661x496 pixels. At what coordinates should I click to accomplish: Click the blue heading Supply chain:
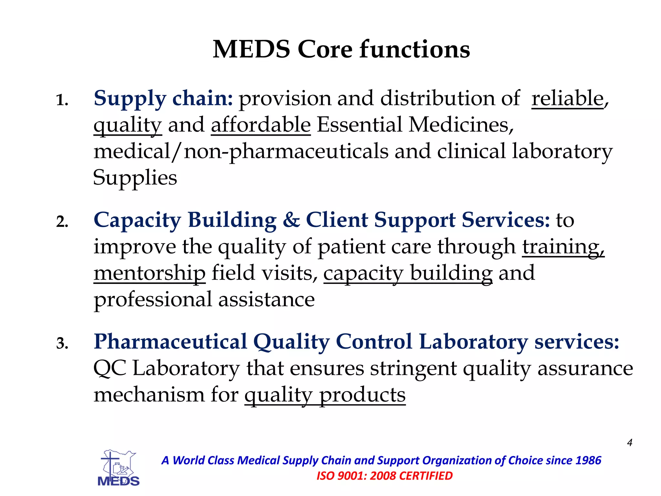(163, 98)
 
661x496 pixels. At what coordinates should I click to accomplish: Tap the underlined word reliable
(567, 98)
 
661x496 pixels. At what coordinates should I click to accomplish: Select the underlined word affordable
(261, 125)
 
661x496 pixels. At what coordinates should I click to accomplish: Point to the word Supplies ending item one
(135, 178)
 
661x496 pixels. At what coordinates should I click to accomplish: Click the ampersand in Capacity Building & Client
(291, 220)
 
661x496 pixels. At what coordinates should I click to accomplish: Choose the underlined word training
(563, 247)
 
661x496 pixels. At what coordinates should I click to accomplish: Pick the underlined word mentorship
(149, 273)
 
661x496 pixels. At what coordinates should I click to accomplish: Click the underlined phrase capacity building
(408, 273)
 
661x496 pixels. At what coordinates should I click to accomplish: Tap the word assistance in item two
(266, 300)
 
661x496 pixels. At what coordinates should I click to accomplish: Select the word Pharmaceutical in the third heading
(170, 342)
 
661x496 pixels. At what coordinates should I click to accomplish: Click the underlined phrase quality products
(325, 395)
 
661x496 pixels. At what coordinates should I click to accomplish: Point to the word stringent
(413, 368)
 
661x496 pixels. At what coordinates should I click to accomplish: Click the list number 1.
(62, 100)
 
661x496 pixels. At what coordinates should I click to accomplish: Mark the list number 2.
(62, 222)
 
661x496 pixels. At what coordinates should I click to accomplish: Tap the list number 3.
(62, 343)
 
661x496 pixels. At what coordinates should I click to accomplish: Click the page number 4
(629, 442)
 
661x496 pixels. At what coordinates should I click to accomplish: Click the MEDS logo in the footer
(118, 468)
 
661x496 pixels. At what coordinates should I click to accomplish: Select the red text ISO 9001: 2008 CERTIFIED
(384, 476)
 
